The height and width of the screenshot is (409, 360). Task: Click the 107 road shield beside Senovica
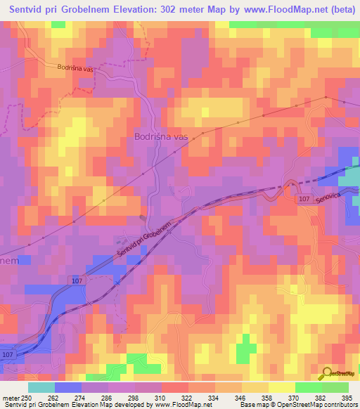(302, 200)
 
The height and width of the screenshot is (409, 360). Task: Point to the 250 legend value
(27, 398)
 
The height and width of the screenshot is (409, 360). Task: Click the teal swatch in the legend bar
(41, 387)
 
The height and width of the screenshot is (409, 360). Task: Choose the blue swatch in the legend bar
(67, 387)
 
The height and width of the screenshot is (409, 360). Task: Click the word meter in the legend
(11, 398)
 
